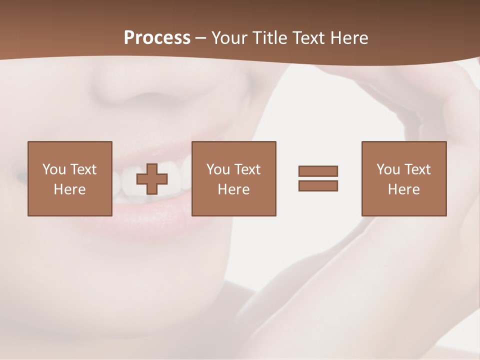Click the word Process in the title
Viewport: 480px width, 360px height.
[157, 38]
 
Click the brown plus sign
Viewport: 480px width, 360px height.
[152, 178]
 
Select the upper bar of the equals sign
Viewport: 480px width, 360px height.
[318, 171]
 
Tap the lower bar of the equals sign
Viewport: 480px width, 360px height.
[318, 185]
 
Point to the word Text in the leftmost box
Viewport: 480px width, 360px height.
[82, 169]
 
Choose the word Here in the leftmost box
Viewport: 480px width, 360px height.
[69, 189]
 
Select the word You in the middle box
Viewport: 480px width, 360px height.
[218, 169]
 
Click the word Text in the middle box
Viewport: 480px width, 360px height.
[246, 169]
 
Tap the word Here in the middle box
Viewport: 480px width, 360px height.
[233, 189]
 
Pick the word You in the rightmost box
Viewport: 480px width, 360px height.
[388, 169]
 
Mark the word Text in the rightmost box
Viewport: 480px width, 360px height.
[416, 169]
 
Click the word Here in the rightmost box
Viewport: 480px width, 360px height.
[403, 189]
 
